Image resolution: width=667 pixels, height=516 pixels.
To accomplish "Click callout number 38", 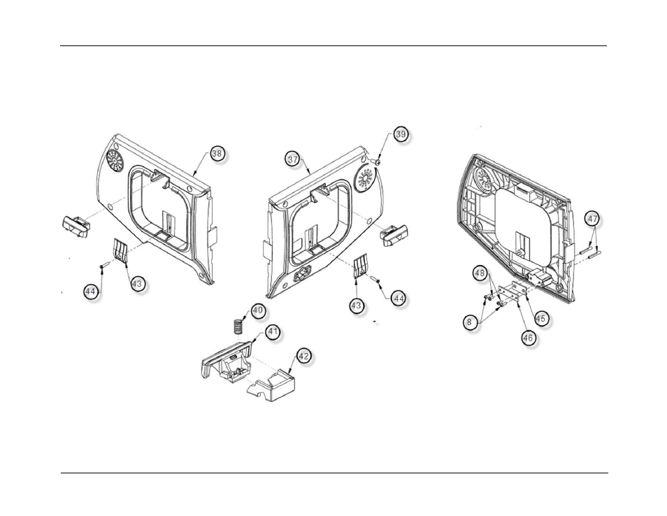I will tap(217, 153).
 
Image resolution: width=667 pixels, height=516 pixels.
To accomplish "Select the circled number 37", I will tap(292, 160).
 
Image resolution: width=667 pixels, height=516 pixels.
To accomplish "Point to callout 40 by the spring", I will tap(258, 310).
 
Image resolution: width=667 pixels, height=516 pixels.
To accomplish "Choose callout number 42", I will tap(303, 356).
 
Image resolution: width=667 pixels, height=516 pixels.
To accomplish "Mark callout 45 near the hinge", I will tap(540, 317).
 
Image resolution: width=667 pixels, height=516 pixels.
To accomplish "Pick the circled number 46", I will tap(529, 337).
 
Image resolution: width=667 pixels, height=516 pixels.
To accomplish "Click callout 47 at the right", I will tap(592, 219).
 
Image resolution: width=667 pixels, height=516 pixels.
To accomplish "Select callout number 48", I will tap(480, 274).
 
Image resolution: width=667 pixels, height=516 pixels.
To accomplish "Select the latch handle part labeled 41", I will tap(224, 362).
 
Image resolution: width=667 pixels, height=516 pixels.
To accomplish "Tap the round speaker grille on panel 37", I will tap(366, 179).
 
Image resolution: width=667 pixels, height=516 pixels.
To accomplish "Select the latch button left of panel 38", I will tap(75, 226).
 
